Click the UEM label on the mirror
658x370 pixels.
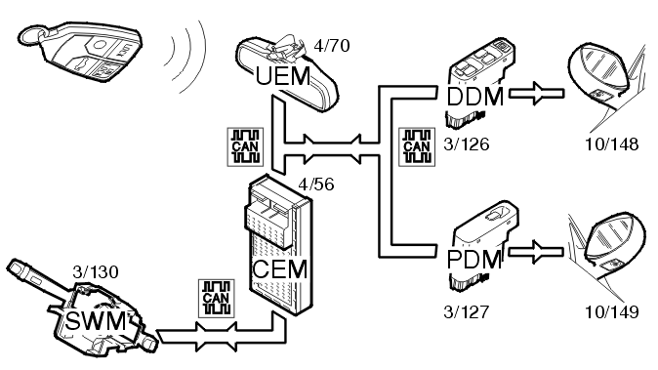coord(283,76)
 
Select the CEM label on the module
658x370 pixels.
coord(280,268)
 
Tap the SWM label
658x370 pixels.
coord(96,321)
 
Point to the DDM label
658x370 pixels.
coord(475,97)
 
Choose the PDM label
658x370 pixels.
coord(474,260)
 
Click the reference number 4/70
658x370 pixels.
coord(332,45)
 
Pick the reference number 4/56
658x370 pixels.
coord(316,184)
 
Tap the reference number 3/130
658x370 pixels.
coord(96,271)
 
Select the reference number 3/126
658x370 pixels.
coord(467,144)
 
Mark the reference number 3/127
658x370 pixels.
coord(467,311)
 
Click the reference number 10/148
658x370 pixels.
coord(612,144)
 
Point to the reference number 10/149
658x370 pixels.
coord(612,311)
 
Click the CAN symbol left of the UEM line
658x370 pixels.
coord(245,146)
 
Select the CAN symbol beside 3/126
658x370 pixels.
coord(417,146)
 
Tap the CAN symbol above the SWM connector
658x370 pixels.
coord(217,299)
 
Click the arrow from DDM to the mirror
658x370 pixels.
coord(537,93)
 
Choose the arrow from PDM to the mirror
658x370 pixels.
coord(536,252)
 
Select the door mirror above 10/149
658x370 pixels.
coord(607,248)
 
